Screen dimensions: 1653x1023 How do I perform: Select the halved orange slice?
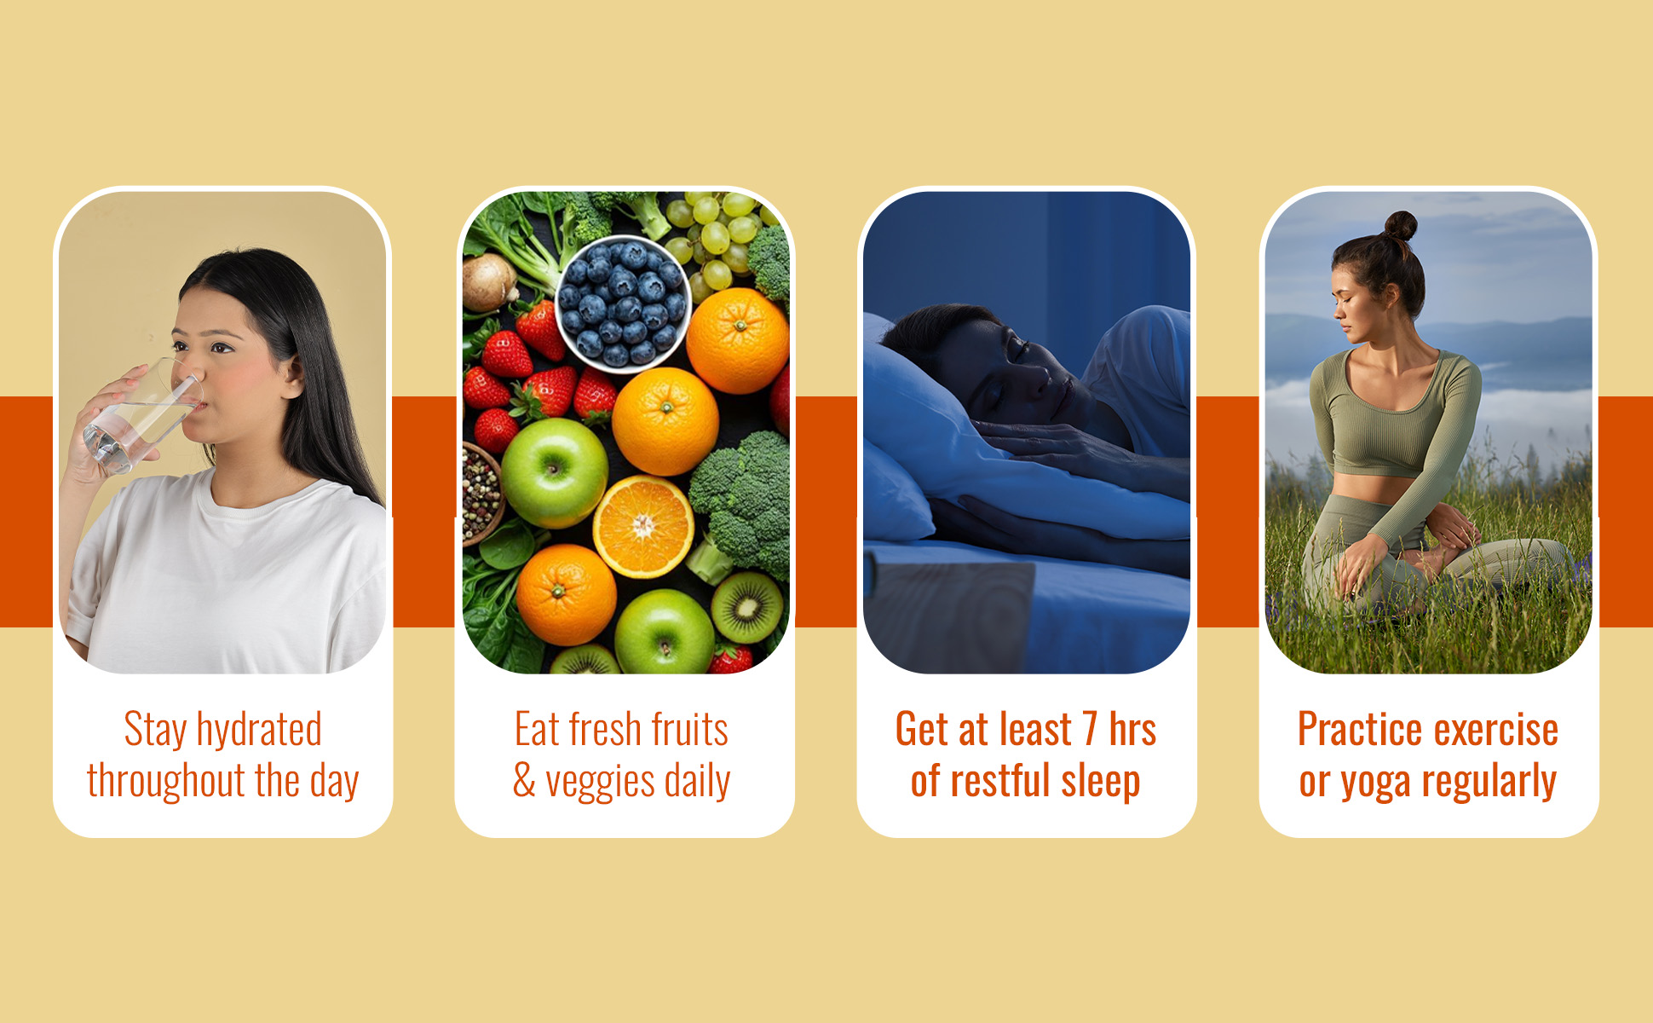click(x=643, y=527)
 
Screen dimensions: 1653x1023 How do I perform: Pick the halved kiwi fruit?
click(x=747, y=607)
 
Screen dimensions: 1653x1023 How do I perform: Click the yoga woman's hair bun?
click(x=1401, y=226)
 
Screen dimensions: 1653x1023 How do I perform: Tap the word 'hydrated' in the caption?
click(x=259, y=731)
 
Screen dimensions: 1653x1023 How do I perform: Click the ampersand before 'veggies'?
click(x=524, y=781)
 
